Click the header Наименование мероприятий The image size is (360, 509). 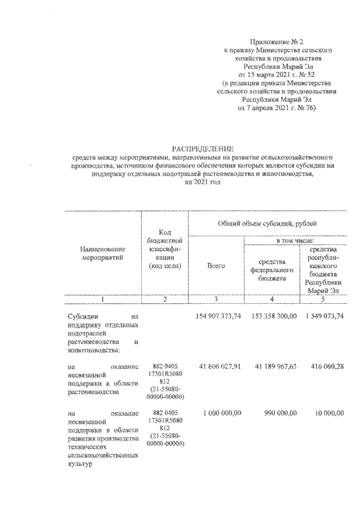tap(101, 253)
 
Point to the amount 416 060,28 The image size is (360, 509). tap(327, 366)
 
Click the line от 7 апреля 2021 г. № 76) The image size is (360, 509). tap(276, 107)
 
